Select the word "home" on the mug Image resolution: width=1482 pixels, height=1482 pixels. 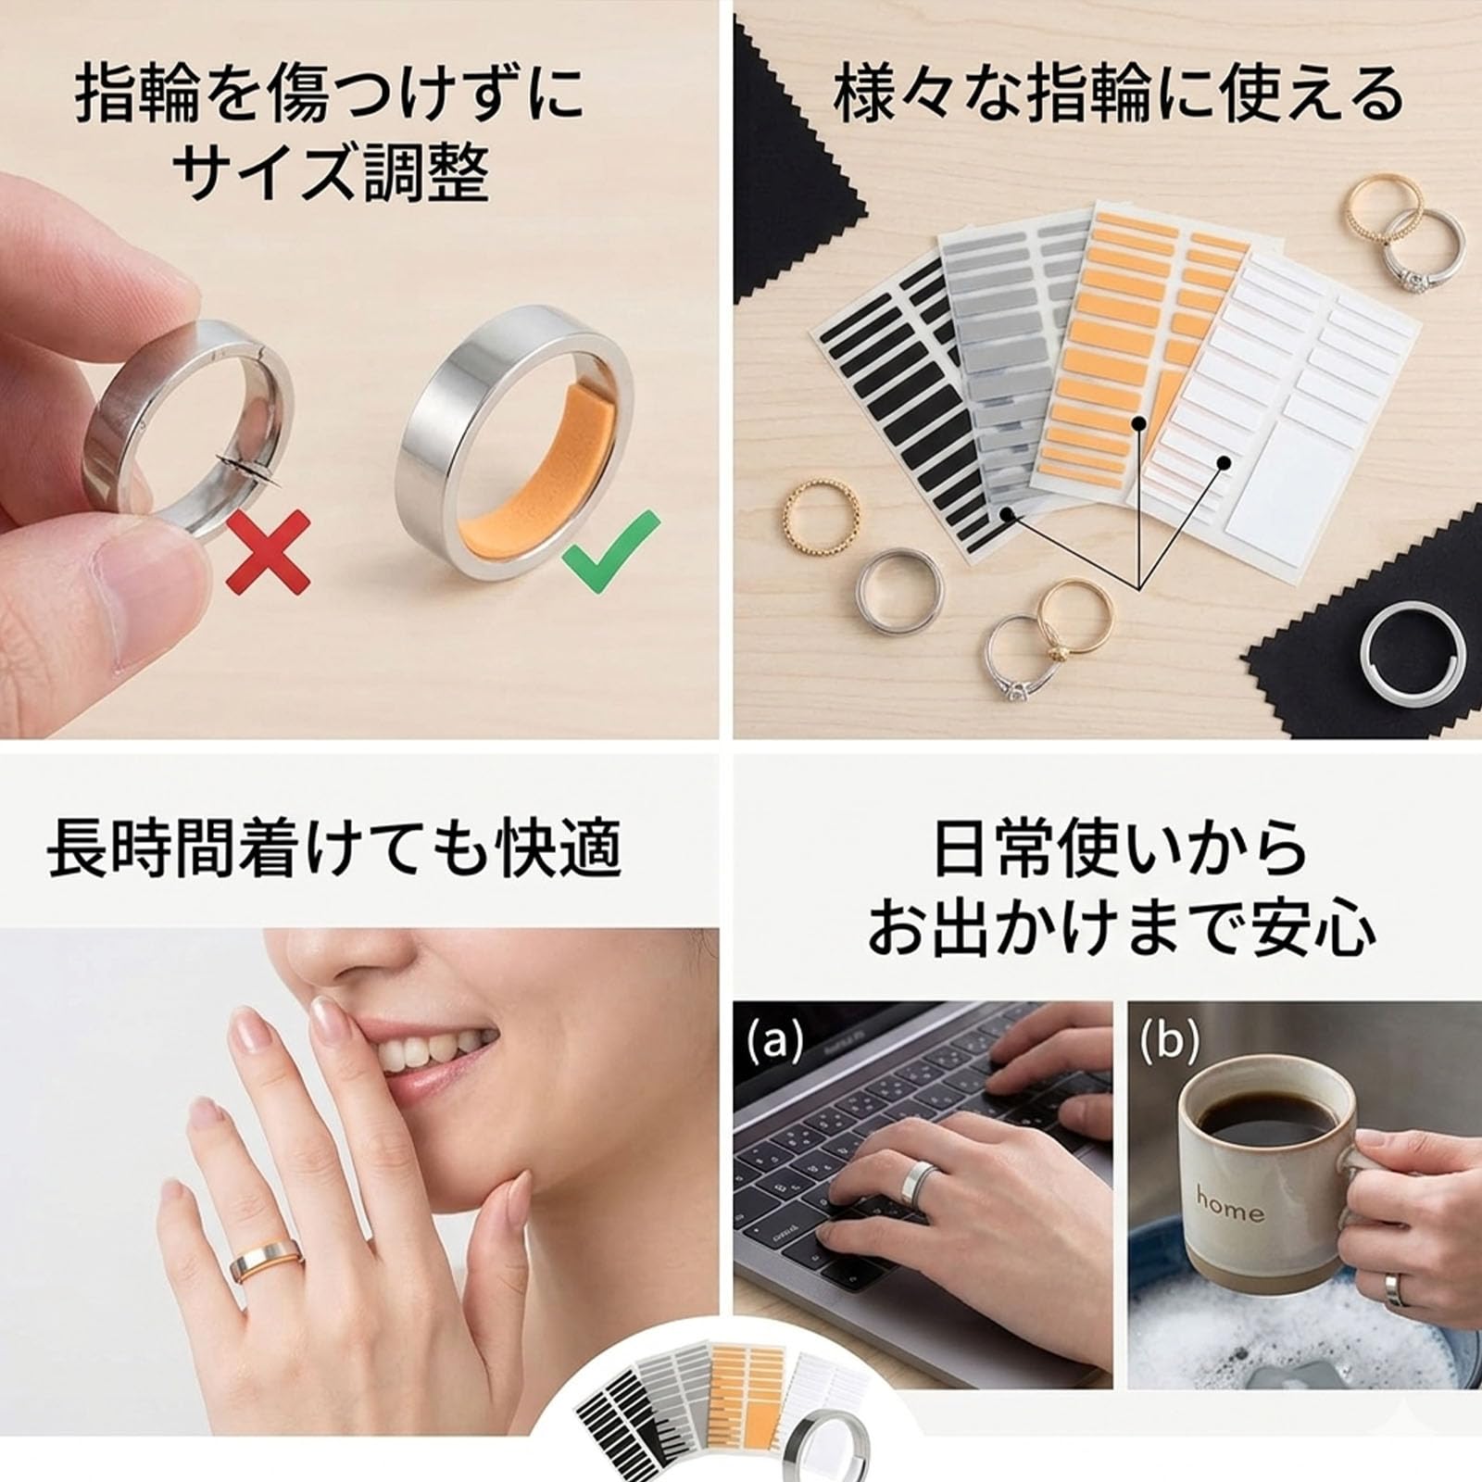pyautogui.click(x=1229, y=1205)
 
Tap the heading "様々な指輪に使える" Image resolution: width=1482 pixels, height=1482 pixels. pyautogui.click(x=1117, y=95)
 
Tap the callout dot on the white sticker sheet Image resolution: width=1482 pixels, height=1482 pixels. pyautogui.click(x=1224, y=461)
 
